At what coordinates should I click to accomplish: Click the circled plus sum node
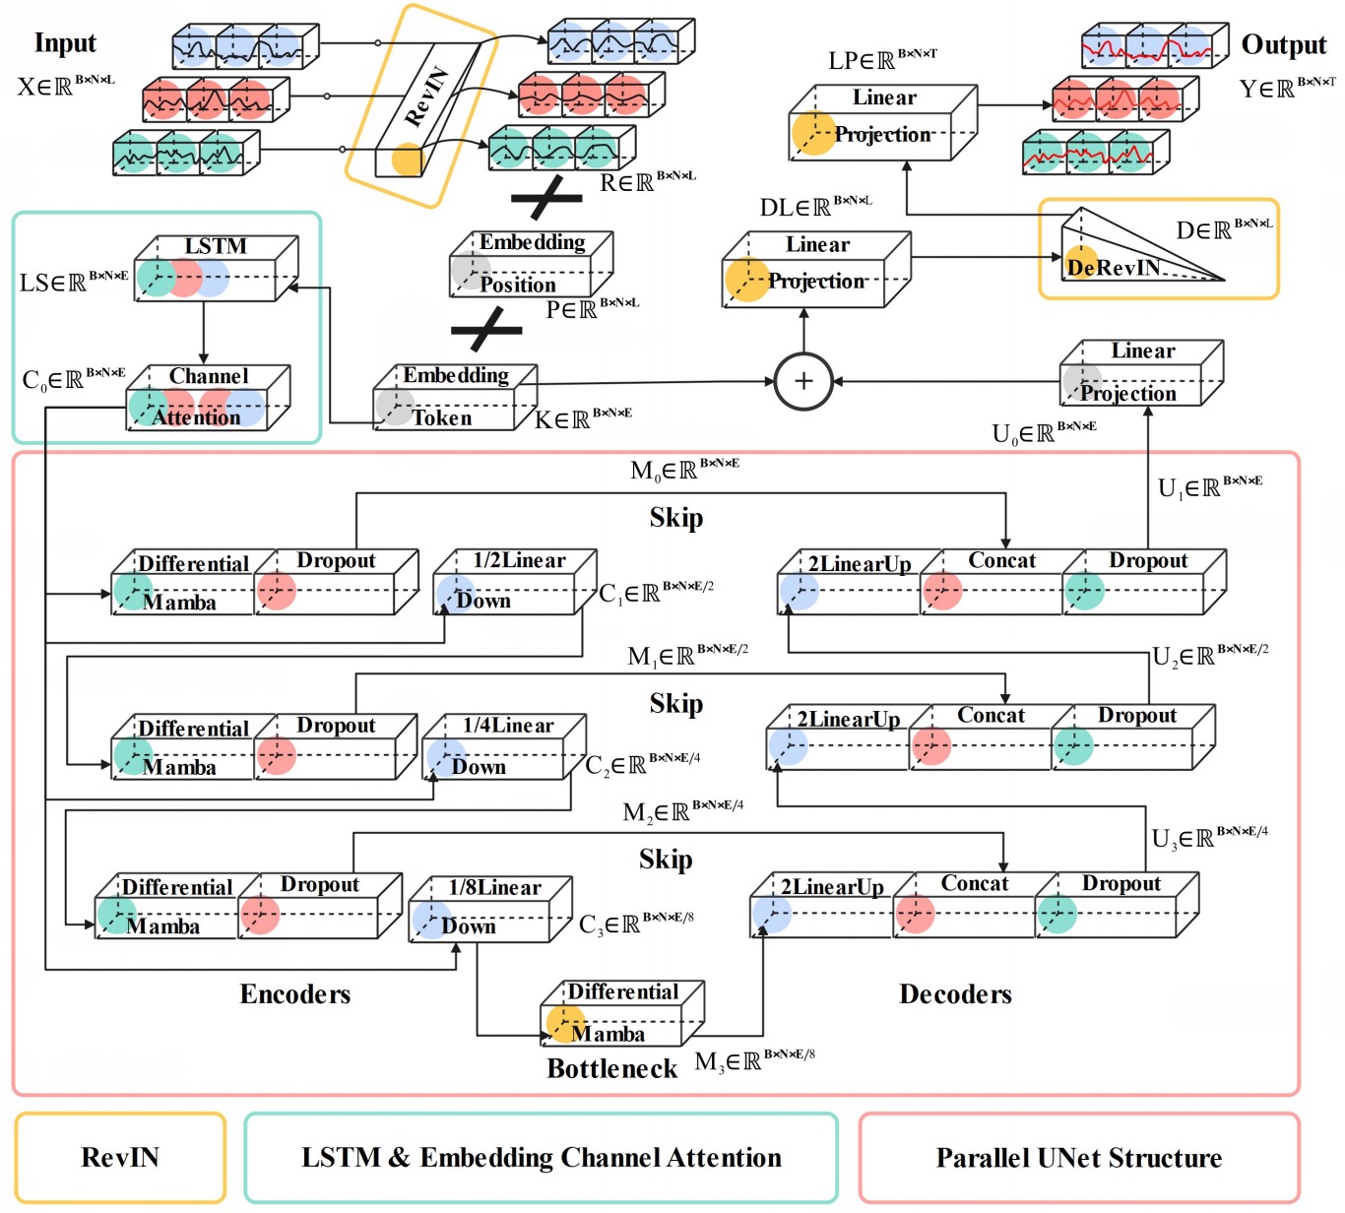(803, 381)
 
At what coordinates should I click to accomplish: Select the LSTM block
(217, 268)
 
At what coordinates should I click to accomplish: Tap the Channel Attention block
(209, 398)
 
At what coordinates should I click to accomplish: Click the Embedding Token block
(455, 397)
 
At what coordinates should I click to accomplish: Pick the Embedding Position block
(531, 264)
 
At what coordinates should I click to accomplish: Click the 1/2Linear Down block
(515, 582)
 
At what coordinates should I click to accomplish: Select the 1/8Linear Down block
(490, 909)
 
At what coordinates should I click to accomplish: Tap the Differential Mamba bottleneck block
(622, 1014)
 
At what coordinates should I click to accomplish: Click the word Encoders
(295, 993)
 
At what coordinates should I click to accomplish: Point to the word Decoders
(955, 993)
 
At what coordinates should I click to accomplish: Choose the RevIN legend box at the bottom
(121, 1157)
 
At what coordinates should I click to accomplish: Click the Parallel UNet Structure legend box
(1079, 1157)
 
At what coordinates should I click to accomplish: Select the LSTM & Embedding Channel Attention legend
(542, 1157)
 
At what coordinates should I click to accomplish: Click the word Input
(65, 43)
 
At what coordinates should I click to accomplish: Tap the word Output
(1283, 45)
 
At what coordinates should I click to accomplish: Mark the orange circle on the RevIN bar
(407, 160)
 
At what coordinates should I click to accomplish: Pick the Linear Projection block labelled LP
(883, 123)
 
